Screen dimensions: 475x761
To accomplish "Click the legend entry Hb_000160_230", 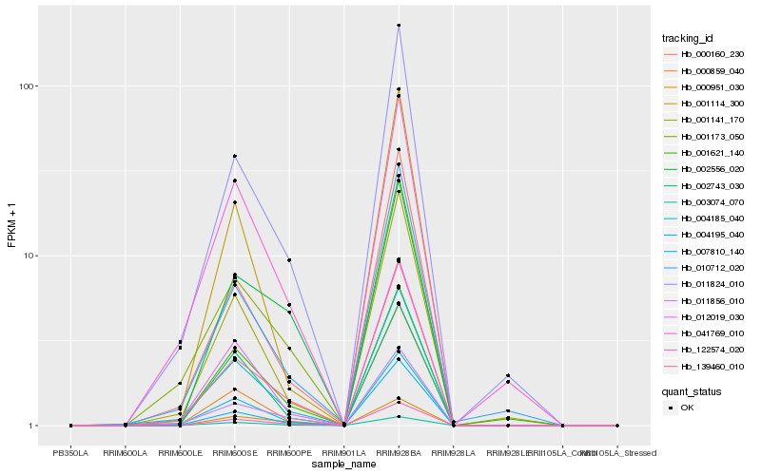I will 704,54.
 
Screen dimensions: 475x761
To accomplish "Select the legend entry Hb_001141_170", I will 704,120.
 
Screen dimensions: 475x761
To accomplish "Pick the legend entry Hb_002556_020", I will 704,169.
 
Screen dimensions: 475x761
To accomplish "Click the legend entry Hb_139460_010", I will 704,366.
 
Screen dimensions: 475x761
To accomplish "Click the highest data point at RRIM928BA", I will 399,25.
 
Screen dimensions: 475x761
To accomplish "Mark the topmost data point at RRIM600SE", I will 234,156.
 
